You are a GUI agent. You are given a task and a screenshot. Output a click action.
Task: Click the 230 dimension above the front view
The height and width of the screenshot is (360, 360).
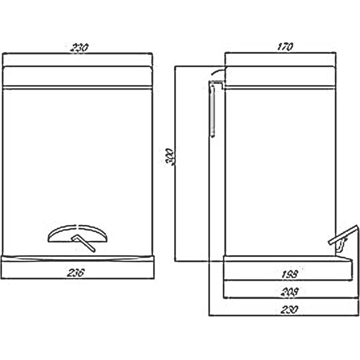pyautogui.click(x=78, y=47)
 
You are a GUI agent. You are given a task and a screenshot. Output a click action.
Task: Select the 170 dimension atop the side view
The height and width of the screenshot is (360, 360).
pyautogui.click(x=284, y=47)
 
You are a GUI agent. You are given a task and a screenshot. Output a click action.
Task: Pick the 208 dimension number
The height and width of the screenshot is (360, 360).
pyautogui.click(x=290, y=290)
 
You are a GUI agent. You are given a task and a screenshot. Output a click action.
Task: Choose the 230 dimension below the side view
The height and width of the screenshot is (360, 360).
pyautogui.click(x=290, y=308)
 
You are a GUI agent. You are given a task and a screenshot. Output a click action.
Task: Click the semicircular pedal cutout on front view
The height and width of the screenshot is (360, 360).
pyautogui.click(x=79, y=233)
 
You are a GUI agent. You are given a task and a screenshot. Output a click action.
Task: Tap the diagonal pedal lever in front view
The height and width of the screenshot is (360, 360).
pyautogui.click(x=84, y=243)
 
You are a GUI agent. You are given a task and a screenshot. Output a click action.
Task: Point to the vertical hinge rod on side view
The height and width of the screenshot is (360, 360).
pyautogui.click(x=211, y=111)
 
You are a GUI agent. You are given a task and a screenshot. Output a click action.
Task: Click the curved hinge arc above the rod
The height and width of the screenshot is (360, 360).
pyautogui.click(x=218, y=72)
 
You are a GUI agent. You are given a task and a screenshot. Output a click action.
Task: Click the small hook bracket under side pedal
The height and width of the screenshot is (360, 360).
pyautogui.click(x=342, y=245)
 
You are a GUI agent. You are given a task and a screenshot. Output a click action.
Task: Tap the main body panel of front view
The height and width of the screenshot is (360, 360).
pyautogui.click(x=77, y=159)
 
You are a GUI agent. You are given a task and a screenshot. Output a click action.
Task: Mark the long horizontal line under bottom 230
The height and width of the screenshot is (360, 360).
pyautogui.click(x=281, y=316)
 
